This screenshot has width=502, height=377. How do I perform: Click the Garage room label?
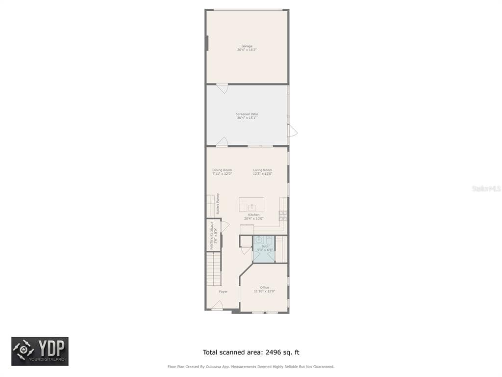click(x=247, y=46)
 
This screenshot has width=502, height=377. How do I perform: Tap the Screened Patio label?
click(x=247, y=114)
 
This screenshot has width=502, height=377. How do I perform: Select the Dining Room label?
click(x=222, y=170)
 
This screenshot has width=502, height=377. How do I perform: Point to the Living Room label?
click(x=262, y=170)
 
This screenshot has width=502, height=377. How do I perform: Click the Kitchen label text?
click(x=253, y=215)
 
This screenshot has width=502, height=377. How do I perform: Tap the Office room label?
click(x=264, y=288)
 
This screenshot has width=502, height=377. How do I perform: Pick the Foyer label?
click(x=223, y=292)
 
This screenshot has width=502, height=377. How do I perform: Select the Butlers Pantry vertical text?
click(x=218, y=203)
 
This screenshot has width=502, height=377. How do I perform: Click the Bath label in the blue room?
click(x=265, y=246)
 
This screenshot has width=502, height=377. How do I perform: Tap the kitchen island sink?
click(x=252, y=207)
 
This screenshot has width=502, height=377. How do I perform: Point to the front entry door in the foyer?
click(x=217, y=306)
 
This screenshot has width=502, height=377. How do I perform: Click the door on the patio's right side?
click(x=292, y=131)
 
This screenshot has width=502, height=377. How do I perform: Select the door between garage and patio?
click(x=222, y=88)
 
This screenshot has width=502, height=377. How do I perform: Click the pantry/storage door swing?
click(x=225, y=227)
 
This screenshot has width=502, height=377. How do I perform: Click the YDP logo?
click(x=40, y=351)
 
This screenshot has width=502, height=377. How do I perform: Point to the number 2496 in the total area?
click(x=274, y=352)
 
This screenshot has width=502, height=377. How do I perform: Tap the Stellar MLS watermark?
click(x=486, y=188)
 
